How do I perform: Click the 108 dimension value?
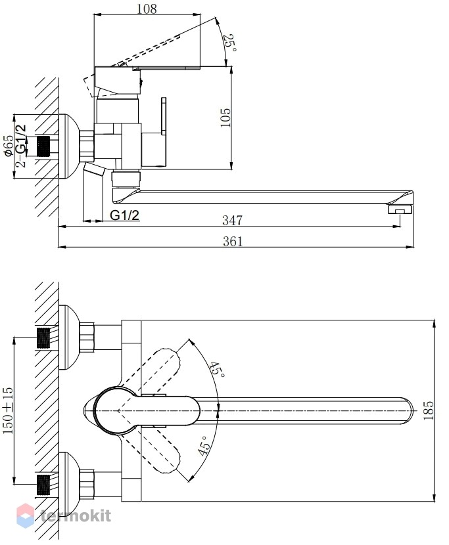pyautogui.click(x=147, y=9)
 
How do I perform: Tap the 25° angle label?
pyautogui.click(x=229, y=43)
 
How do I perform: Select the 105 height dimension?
pyautogui.click(x=225, y=118)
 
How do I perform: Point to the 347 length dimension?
pyautogui.click(x=233, y=220)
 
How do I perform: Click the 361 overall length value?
pyautogui.click(x=233, y=241)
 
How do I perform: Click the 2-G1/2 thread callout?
pyautogui.click(x=21, y=146)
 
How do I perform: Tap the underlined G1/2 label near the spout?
pyautogui.click(x=124, y=215)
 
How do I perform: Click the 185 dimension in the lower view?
pyautogui.click(x=428, y=410)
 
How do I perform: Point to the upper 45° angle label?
pyautogui.click(x=217, y=370)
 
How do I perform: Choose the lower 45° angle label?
pyautogui.click(x=204, y=446)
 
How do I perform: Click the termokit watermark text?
pyautogui.click(x=76, y=515)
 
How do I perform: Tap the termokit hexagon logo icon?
pyautogui.click(x=26, y=515)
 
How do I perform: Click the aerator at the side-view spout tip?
pyautogui.click(x=400, y=209)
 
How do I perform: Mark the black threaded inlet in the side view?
pyautogui.click(x=43, y=146)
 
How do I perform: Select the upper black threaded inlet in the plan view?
pyautogui.click(x=43, y=338)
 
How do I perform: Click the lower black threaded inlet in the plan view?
pyautogui.click(x=43, y=485)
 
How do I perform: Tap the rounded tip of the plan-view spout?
pyautogui.click(x=410, y=410)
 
